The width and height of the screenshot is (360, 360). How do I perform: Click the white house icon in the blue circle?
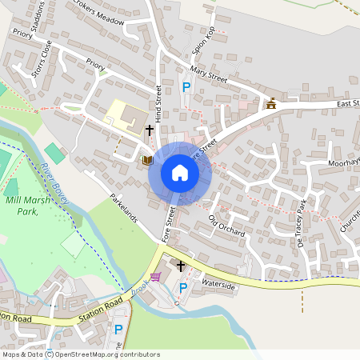180,173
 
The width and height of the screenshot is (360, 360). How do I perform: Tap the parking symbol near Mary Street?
186,87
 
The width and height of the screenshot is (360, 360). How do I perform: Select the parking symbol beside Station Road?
118,329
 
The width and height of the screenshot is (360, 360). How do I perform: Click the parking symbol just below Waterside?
182,288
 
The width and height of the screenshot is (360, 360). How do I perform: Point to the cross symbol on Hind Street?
149,130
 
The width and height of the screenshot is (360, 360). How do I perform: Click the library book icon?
146,160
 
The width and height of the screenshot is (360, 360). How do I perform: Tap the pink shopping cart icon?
155,277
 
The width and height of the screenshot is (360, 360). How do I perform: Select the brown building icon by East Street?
271,102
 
